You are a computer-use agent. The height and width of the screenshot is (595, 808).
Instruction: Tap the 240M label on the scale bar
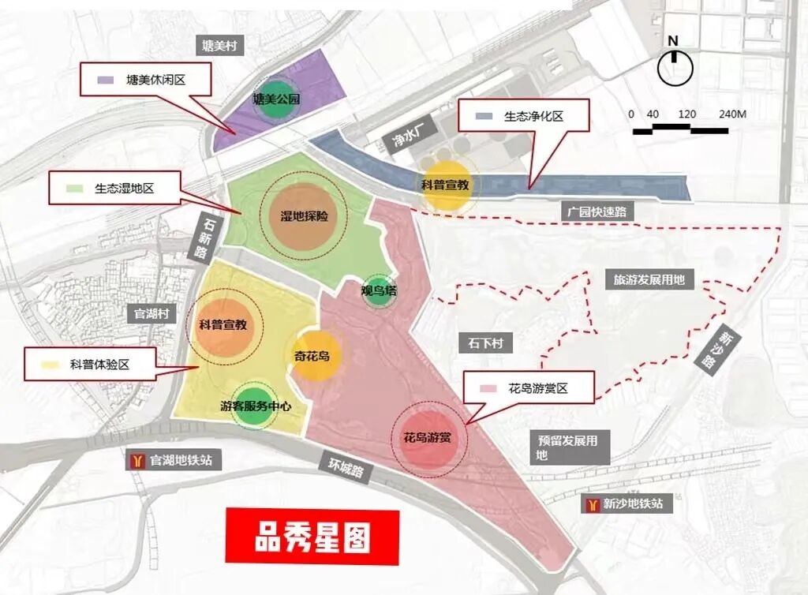click(x=731, y=114)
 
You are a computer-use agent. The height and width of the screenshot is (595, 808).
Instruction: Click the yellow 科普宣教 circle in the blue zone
click(x=447, y=185)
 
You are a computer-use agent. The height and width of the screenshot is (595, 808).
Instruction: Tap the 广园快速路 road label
click(x=600, y=211)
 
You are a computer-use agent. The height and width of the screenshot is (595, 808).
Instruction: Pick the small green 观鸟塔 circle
click(x=379, y=291)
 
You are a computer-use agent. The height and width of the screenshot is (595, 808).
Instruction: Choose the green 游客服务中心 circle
click(x=255, y=407)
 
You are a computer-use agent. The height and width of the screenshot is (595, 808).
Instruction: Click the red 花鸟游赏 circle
click(x=429, y=436)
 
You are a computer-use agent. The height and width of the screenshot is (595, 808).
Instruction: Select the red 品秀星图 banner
click(x=312, y=537)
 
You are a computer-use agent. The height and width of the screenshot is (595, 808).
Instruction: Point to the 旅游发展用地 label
click(x=649, y=279)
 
